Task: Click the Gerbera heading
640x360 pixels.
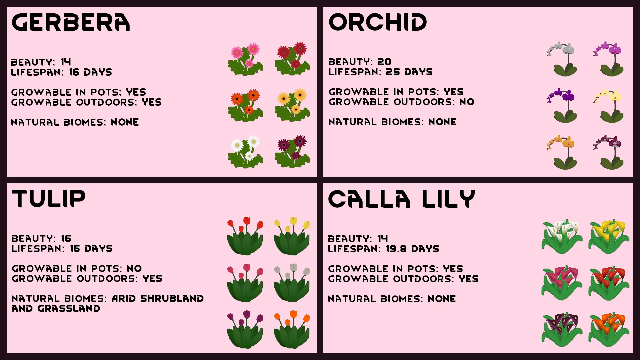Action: (x=71, y=23)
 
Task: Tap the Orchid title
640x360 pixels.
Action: (x=378, y=22)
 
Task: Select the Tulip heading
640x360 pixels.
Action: (x=49, y=199)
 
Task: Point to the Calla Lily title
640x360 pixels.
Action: (x=401, y=199)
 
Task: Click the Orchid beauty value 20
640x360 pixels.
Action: (x=384, y=62)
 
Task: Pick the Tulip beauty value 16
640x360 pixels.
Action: (x=66, y=238)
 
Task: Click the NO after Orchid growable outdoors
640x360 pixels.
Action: (x=467, y=102)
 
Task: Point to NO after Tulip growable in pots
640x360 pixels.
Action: (x=134, y=268)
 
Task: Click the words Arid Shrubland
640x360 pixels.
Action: (x=158, y=298)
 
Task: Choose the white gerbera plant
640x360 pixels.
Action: (x=246, y=152)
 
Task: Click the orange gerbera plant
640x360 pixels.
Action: (x=246, y=105)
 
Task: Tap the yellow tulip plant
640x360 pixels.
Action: (x=292, y=236)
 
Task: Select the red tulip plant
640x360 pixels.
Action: (x=245, y=236)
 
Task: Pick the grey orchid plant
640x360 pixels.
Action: (x=562, y=59)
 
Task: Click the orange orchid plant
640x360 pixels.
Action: (x=562, y=152)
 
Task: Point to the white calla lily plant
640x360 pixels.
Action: (x=562, y=236)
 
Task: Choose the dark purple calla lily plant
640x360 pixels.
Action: (x=562, y=330)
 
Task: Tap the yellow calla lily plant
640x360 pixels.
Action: (x=609, y=236)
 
